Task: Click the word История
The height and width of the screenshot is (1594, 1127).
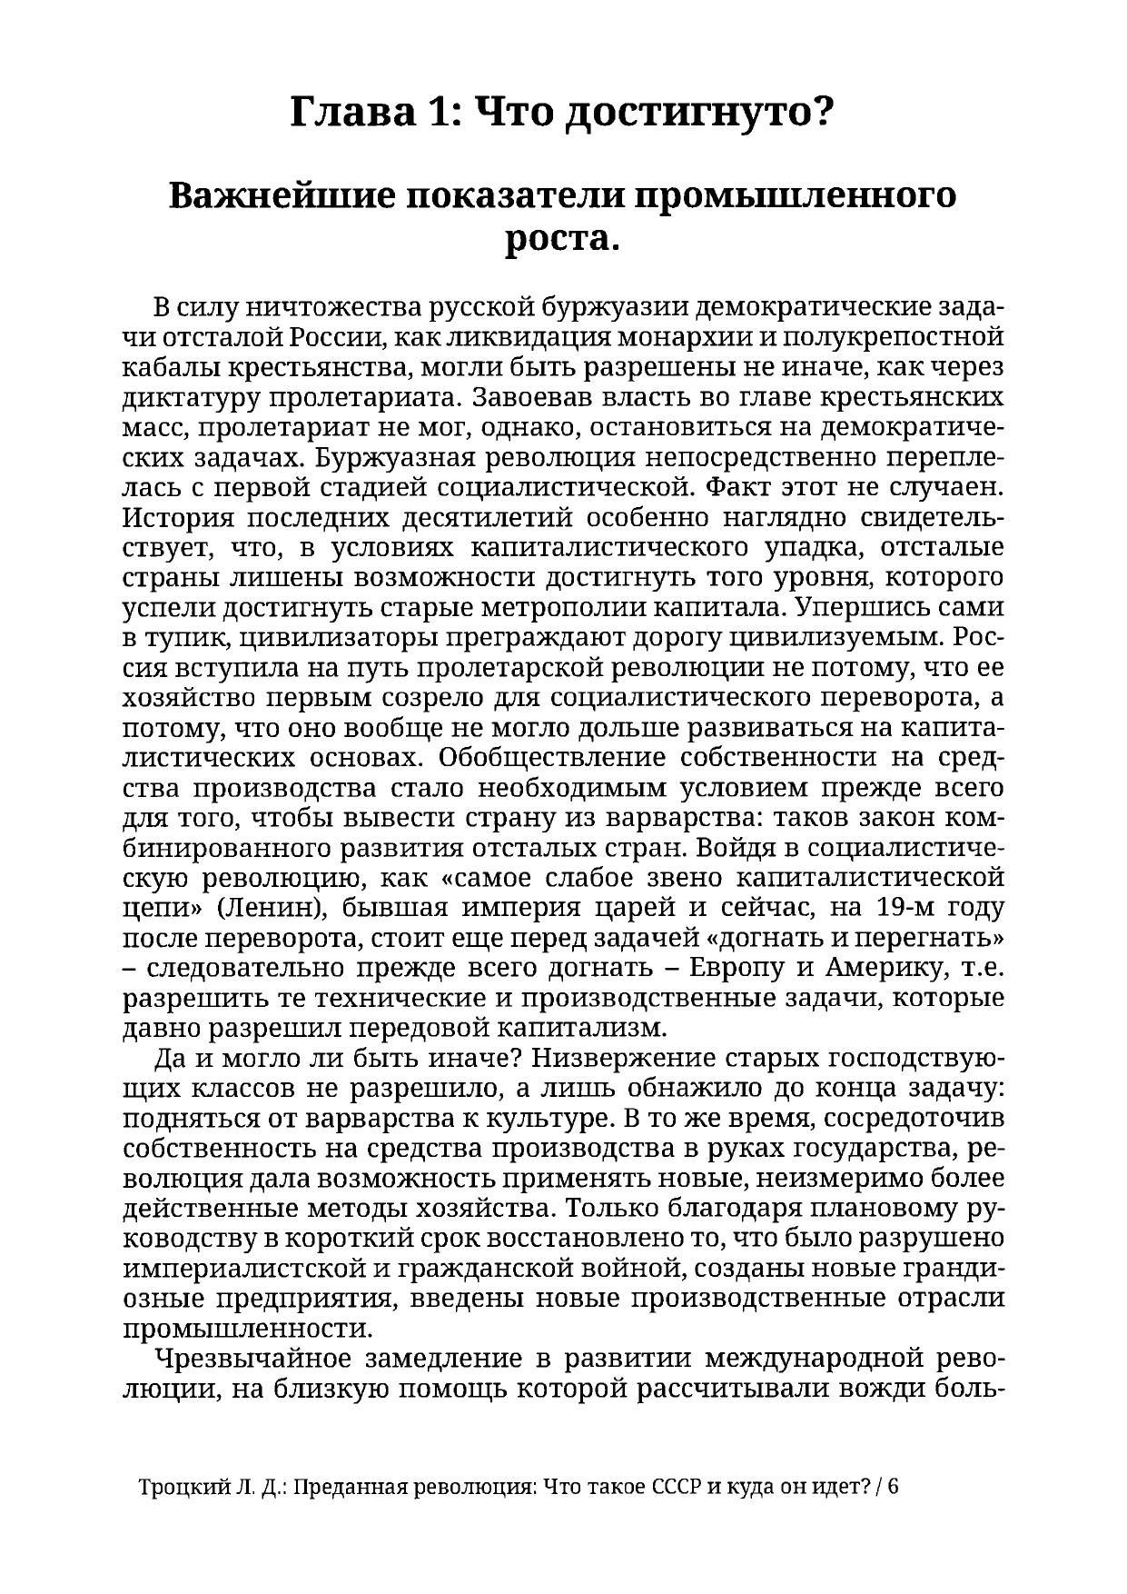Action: [x=179, y=518]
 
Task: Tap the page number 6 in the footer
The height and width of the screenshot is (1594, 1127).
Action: [x=893, y=1488]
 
